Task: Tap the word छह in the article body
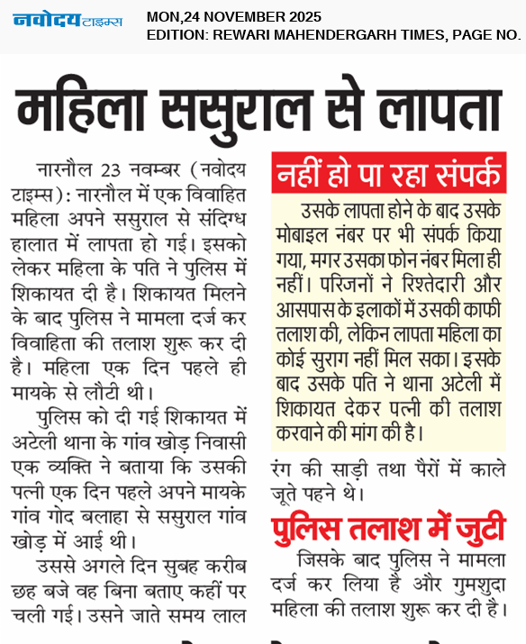click(25, 593)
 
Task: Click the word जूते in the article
click(288, 494)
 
